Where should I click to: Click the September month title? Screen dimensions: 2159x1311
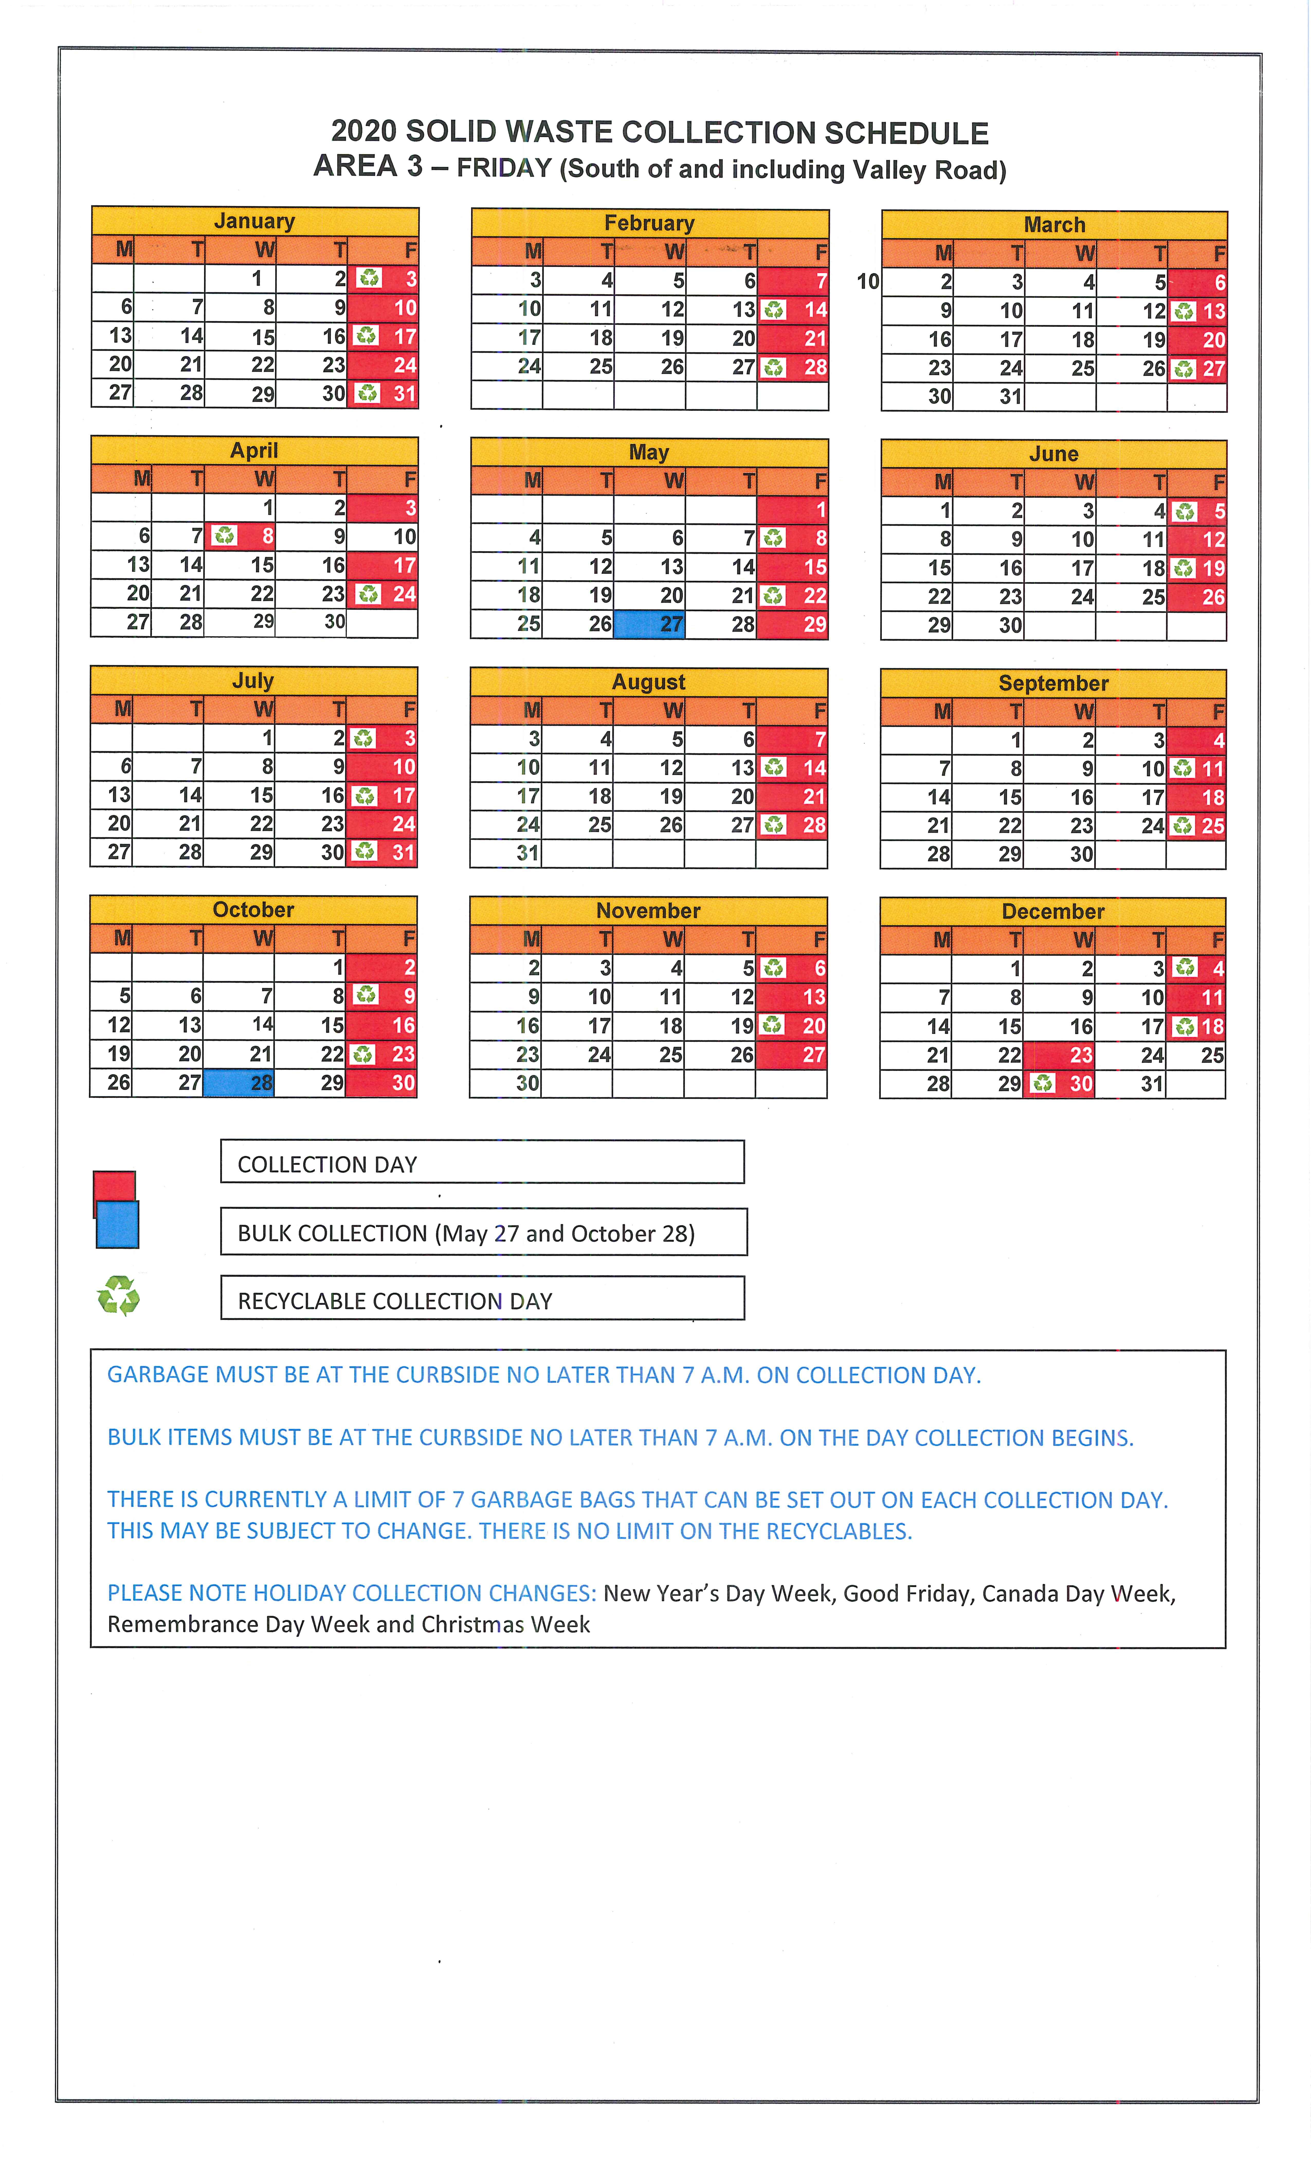pyautogui.click(x=1053, y=683)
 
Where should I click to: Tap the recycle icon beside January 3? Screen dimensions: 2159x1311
pyautogui.click(x=369, y=279)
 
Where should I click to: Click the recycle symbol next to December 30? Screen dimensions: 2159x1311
pyautogui.click(x=1042, y=1084)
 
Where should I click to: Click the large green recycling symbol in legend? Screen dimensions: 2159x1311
pyautogui.click(x=118, y=1296)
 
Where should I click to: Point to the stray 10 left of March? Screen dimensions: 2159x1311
pyautogui.click(x=868, y=281)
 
